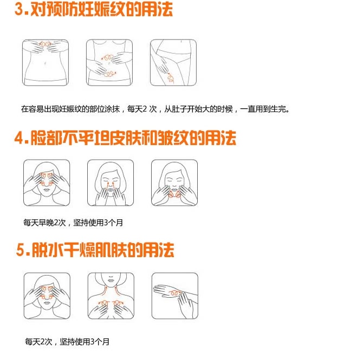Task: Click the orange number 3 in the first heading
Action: pyautogui.click(x=19, y=10)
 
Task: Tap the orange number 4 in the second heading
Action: pyautogui.click(x=19, y=138)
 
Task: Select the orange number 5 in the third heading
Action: pyautogui.click(x=21, y=250)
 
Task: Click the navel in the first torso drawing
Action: pyautogui.click(x=45, y=63)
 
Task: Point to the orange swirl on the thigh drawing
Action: pyautogui.click(x=171, y=77)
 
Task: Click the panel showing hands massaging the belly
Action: pyautogui.click(x=109, y=62)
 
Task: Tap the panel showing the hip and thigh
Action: pyautogui.click(x=173, y=62)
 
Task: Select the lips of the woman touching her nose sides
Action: pyautogui.click(x=111, y=189)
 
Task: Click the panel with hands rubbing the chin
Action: pyautogui.click(x=174, y=182)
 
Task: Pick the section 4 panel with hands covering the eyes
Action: pyautogui.click(x=47, y=182)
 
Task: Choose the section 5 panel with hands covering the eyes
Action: pyautogui.click(x=47, y=296)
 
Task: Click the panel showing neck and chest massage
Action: pyautogui.click(x=111, y=296)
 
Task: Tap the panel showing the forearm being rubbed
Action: pyautogui.click(x=175, y=296)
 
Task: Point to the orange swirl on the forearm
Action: pyautogui.click(x=174, y=293)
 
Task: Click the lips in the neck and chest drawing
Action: pyautogui.click(x=111, y=280)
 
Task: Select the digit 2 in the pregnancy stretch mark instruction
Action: pyautogui.click(x=145, y=109)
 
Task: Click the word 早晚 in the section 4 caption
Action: pyautogui.click(x=46, y=222)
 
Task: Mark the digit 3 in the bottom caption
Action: pyautogui.click(x=92, y=342)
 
